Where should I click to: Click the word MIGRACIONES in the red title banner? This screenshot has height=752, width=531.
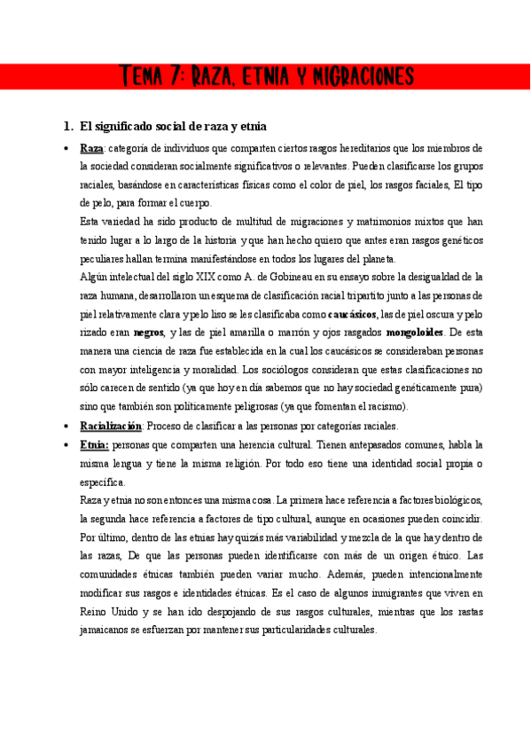click(x=358, y=77)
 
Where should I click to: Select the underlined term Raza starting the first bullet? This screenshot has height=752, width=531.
click(x=91, y=148)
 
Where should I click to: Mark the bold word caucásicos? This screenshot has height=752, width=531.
click(x=353, y=315)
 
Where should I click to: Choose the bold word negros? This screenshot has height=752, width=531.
click(x=149, y=333)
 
